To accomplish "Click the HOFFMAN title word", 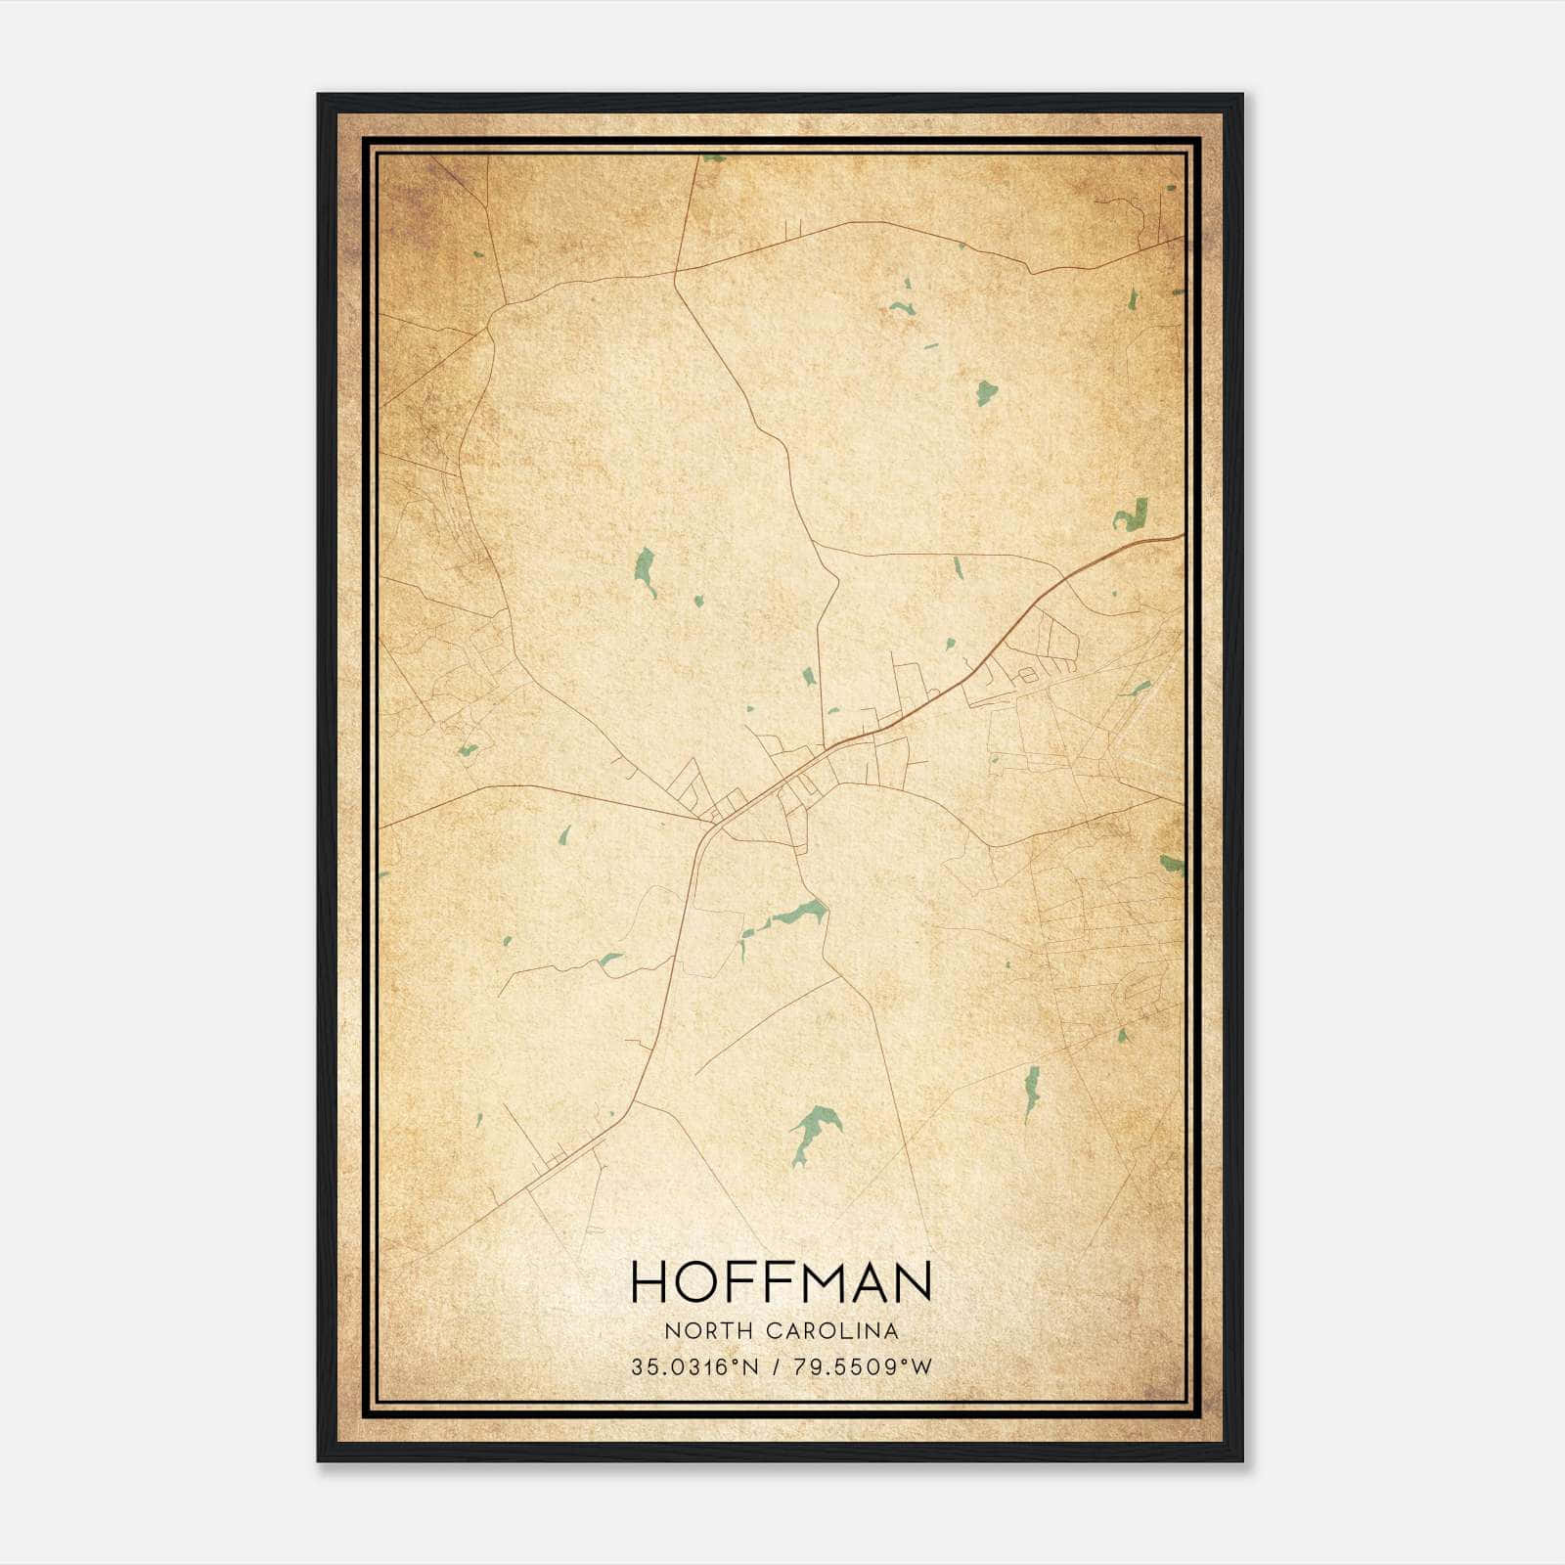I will click(x=781, y=1281).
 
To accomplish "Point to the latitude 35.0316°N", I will click(x=694, y=1367).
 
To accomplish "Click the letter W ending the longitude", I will click(x=922, y=1367).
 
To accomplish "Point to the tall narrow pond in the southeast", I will click(x=1030, y=1093).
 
